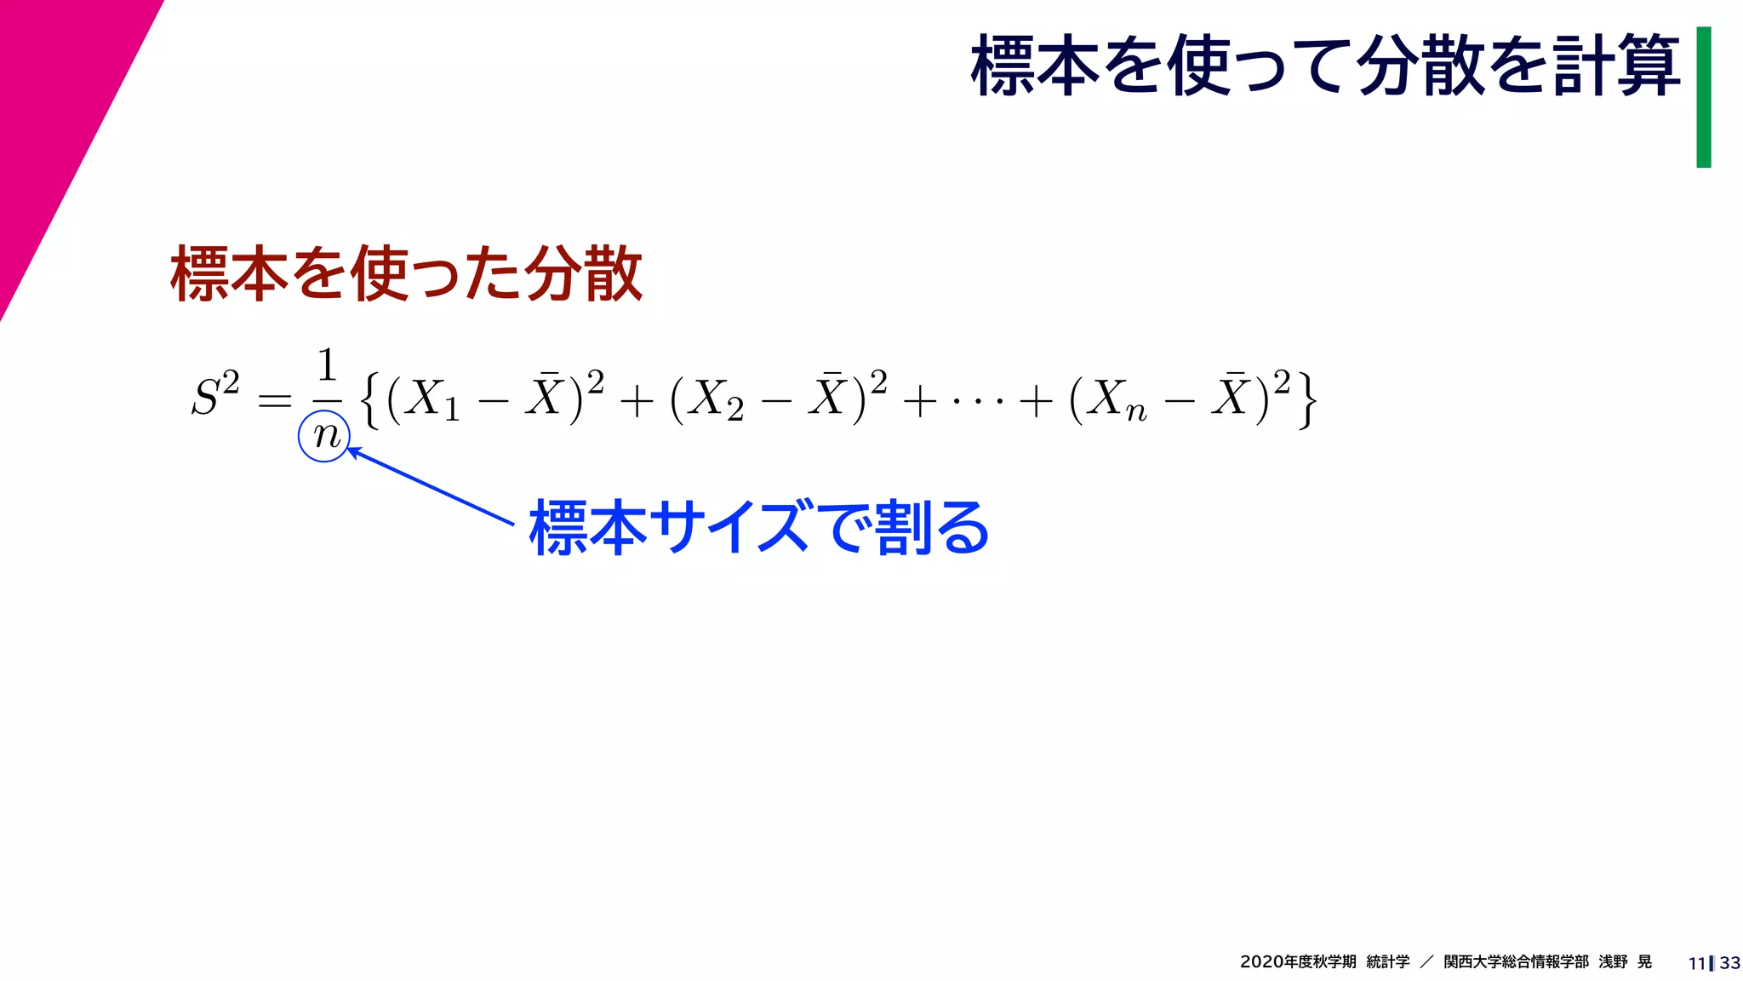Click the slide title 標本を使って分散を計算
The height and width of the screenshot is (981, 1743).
1324,66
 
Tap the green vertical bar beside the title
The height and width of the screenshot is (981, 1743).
1703,97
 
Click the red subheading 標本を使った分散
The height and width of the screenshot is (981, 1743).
406,273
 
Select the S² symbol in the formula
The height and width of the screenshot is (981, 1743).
214,394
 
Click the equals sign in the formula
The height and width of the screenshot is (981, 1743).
274,399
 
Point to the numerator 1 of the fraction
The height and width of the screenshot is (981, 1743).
327,365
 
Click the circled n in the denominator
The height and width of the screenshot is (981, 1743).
324,436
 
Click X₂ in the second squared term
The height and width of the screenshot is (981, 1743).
714,399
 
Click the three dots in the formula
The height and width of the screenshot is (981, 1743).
976,399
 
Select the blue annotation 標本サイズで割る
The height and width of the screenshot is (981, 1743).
758,528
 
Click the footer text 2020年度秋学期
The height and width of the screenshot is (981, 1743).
1297,961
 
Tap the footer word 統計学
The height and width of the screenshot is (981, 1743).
1387,961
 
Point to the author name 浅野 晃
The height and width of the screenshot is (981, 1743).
1625,961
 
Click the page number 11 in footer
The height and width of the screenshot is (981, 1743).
1696,963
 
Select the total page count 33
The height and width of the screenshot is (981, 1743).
1729,963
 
